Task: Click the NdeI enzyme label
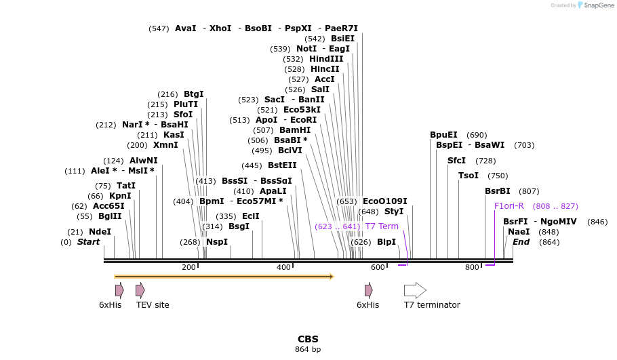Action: tap(100, 232)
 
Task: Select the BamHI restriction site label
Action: tap(295, 130)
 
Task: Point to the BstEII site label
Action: tap(282, 165)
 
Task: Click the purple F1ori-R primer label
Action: tap(509, 206)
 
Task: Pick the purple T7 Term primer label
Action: tap(382, 226)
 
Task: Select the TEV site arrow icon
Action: tap(140, 291)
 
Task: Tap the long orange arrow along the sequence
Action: tap(224, 277)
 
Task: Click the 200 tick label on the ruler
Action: tap(188, 268)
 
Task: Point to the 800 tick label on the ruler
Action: tap(472, 268)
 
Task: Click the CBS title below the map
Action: tap(308, 339)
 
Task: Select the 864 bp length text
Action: tap(308, 350)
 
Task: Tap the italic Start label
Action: tap(88, 242)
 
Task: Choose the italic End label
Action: tap(521, 242)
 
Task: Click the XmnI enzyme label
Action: tap(165, 145)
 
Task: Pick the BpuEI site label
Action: tap(443, 135)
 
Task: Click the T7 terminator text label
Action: tap(432, 305)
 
